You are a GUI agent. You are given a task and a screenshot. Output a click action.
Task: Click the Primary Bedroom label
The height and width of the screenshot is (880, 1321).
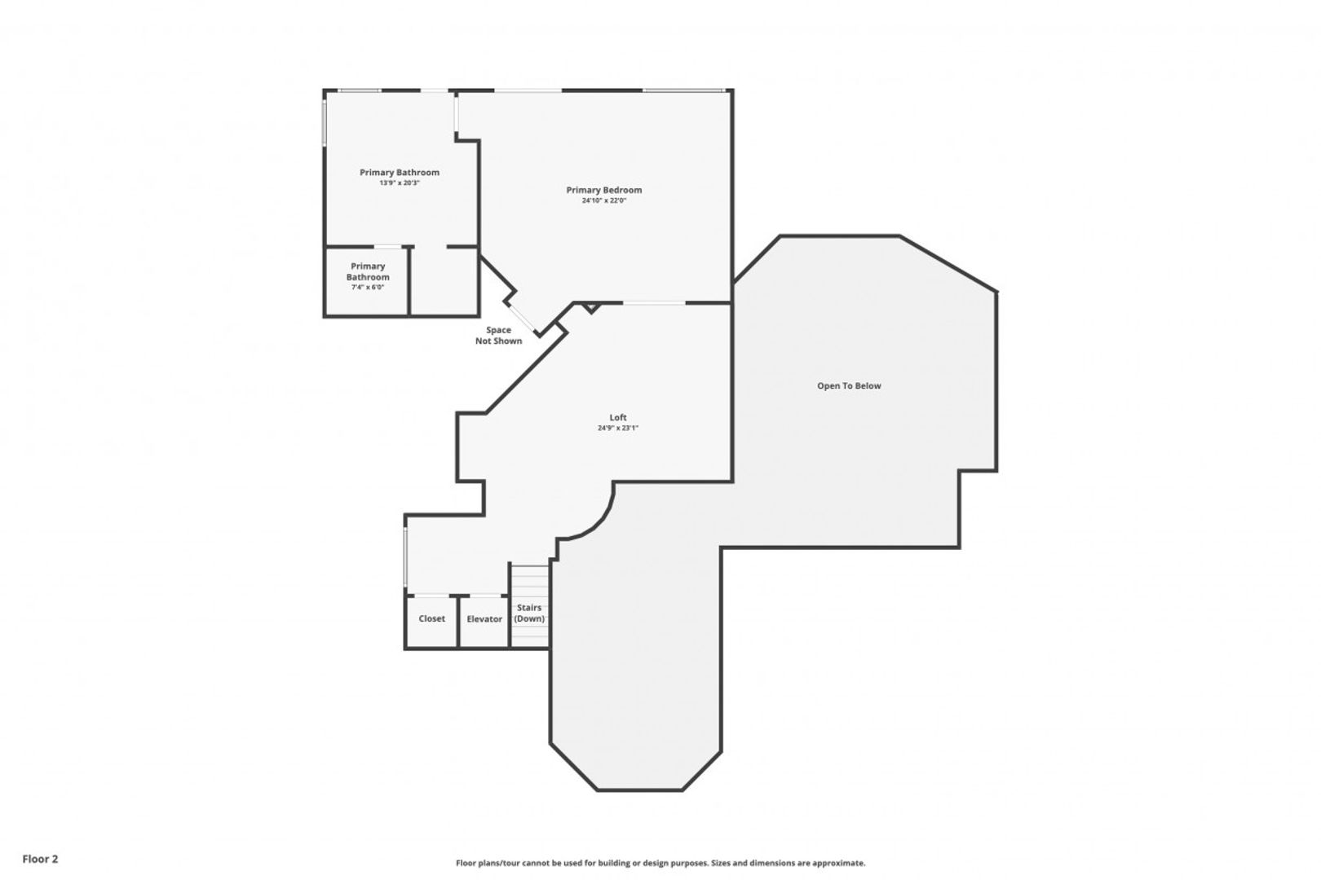point(604,190)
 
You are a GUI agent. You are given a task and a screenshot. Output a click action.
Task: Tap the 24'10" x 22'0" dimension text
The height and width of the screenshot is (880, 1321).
point(604,200)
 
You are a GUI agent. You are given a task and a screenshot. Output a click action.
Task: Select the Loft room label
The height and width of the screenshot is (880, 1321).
point(618,417)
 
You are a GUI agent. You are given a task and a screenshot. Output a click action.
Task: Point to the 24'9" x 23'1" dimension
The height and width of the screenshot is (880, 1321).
point(618,428)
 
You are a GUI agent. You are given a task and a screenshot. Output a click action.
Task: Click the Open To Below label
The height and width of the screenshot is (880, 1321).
point(849,385)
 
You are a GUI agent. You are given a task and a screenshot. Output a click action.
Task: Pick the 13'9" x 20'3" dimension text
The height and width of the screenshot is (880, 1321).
point(400,183)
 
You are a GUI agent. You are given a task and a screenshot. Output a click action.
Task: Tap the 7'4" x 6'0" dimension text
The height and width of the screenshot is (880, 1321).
point(368,287)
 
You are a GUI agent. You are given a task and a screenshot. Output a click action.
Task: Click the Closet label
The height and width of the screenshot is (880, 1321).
point(431,618)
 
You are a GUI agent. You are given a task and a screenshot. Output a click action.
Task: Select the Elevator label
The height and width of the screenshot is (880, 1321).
point(484,619)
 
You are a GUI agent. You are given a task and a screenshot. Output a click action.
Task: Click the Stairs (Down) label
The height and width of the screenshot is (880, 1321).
point(529,613)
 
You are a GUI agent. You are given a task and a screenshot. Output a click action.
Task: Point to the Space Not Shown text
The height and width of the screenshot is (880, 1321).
point(498,336)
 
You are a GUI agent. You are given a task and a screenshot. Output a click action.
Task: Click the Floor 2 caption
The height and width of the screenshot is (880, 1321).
point(40,859)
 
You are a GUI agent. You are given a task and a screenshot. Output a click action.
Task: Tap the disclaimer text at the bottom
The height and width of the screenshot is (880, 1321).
point(660,863)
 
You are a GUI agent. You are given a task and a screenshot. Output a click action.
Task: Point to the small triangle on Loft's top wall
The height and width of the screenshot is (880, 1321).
point(591,308)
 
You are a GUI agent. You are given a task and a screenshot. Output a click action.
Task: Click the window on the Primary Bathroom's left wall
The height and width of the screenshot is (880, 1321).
point(324,122)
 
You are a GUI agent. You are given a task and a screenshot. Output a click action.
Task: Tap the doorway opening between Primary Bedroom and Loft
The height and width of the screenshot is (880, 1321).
point(654,303)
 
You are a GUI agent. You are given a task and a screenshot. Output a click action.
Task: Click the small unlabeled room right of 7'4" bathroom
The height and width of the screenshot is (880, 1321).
point(444,280)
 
